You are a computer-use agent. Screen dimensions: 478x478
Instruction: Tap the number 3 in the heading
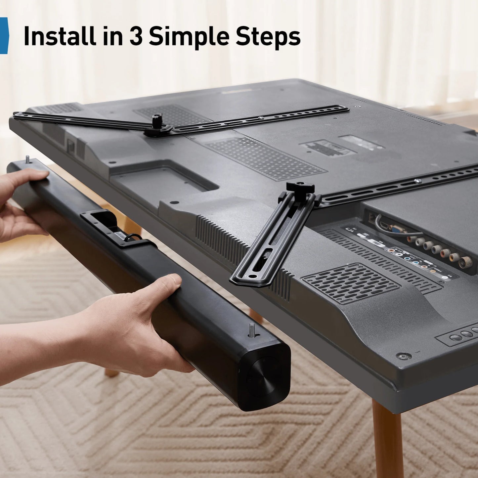(136, 36)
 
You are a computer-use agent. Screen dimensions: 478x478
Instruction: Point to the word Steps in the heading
(268, 36)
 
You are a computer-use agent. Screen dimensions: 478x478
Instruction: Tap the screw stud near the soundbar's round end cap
(252, 330)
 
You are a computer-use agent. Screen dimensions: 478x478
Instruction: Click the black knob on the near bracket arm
(300, 188)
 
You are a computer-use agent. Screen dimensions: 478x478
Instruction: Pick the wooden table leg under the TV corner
(387, 440)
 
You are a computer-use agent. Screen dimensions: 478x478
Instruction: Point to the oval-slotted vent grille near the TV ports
(351, 283)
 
